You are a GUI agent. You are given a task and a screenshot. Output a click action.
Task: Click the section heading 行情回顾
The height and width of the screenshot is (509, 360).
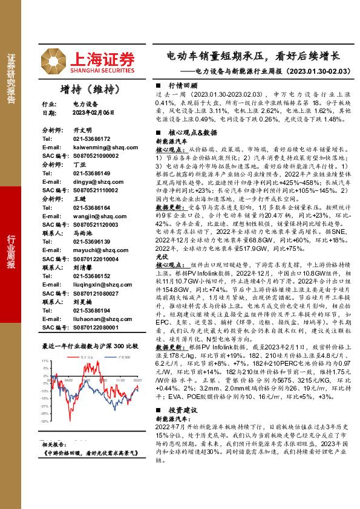coord(180,86)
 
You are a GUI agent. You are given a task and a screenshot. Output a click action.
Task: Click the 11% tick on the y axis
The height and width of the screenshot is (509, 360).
coord(46,361)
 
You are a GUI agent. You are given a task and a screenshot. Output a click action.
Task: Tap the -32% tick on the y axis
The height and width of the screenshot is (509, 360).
coord(45,421)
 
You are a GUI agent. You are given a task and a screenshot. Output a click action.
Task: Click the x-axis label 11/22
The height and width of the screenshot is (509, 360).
coord(120,380)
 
